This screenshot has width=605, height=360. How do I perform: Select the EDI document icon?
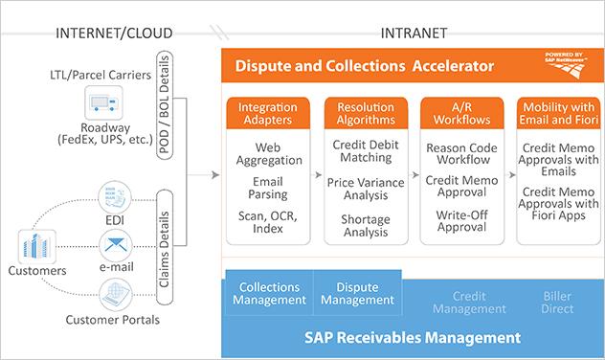click(x=114, y=193)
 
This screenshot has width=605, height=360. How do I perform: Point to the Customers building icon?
click(x=34, y=248)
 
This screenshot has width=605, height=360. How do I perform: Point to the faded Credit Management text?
click(x=469, y=303)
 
